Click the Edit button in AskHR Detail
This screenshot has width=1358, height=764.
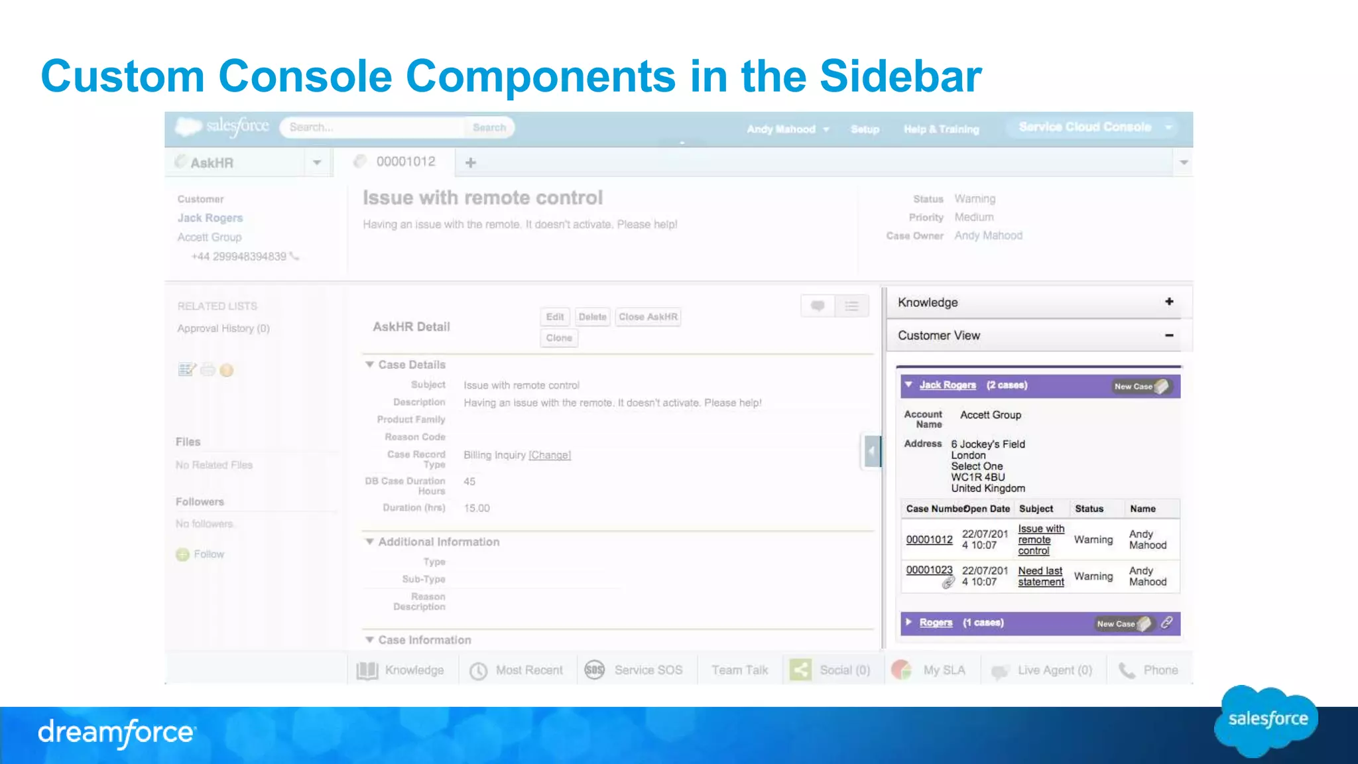555,317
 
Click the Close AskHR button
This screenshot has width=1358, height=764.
648,317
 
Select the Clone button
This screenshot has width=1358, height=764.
559,338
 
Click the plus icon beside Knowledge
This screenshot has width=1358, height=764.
1169,302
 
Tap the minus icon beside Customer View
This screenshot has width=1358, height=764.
1169,336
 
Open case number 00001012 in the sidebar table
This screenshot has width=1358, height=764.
929,540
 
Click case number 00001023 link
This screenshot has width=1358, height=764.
929,570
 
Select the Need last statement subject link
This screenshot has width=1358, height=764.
1040,576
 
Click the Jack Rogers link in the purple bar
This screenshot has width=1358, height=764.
948,385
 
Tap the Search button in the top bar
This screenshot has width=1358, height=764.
489,127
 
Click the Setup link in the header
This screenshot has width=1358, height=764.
865,129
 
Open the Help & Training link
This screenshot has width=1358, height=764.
941,129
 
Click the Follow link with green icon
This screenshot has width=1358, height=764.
208,554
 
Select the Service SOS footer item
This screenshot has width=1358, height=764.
634,670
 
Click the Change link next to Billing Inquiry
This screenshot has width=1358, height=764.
550,456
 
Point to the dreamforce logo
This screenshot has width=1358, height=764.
116,733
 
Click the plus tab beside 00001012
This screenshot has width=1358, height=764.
471,162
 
